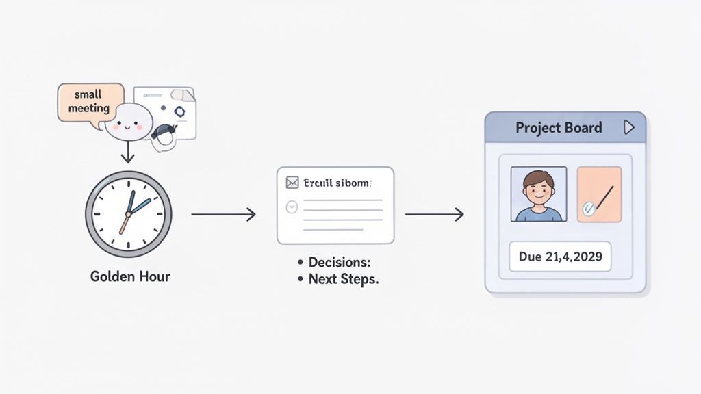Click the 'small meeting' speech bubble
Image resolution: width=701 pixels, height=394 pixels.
click(x=90, y=102)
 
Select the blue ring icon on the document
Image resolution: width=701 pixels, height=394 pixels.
click(x=179, y=111)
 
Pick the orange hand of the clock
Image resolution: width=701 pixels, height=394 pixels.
click(x=125, y=224)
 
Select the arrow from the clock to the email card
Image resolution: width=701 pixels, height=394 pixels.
click(x=223, y=215)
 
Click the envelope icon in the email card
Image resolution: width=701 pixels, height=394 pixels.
click(x=292, y=183)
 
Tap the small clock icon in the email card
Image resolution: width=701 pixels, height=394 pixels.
click(x=292, y=206)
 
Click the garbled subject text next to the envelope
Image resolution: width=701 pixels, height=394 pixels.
click(x=339, y=183)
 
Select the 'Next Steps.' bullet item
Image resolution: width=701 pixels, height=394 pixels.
click(x=338, y=279)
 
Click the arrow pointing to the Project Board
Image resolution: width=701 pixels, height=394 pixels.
click(x=434, y=215)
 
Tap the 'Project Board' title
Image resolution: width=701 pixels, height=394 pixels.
click(x=559, y=128)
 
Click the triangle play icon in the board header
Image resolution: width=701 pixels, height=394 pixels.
click(x=629, y=128)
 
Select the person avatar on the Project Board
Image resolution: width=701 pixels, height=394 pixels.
click(x=539, y=194)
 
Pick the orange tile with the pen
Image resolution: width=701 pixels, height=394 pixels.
click(x=599, y=194)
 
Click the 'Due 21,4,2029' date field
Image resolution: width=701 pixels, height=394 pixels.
click(x=560, y=257)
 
